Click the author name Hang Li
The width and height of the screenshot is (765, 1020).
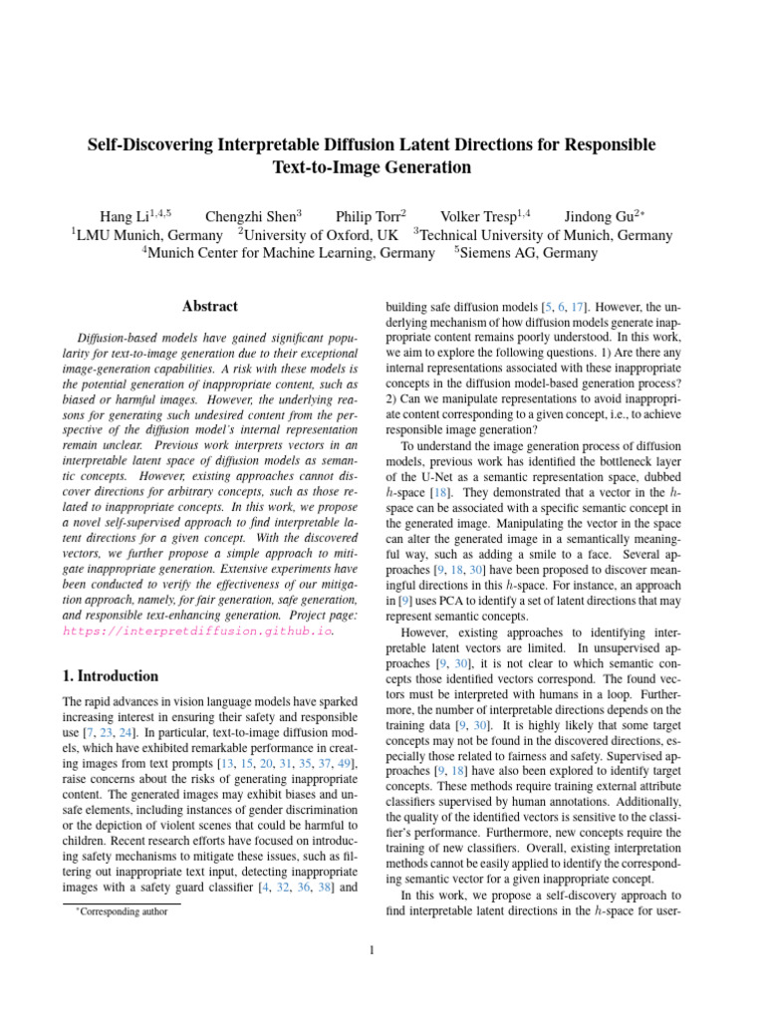tap(129, 217)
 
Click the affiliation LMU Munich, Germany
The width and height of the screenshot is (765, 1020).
tap(149, 236)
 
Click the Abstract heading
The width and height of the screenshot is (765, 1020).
tap(210, 307)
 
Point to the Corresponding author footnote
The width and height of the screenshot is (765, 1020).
tap(126, 910)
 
